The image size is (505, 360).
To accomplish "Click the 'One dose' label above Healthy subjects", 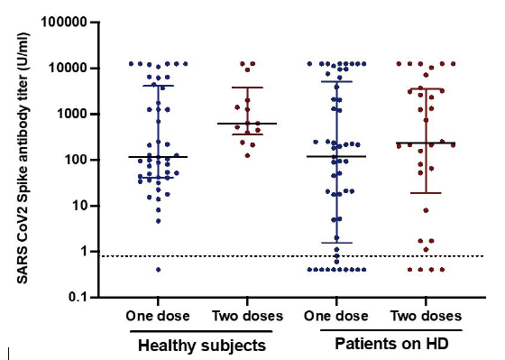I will [157, 316].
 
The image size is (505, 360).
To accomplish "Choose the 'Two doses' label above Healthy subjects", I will [246, 316].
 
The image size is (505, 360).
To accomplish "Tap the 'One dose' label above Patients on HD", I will [335, 316].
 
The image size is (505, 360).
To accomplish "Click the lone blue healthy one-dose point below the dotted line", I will [158, 269].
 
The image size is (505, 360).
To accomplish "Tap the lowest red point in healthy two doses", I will [247, 155].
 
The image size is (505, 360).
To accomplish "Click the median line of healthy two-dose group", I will [247, 124].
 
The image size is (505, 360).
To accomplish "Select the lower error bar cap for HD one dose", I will [336, 243].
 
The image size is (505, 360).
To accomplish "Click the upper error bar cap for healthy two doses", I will [247, 88].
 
